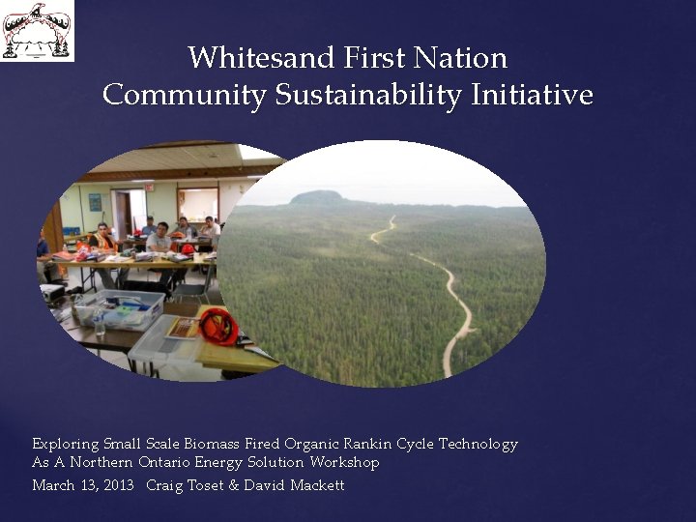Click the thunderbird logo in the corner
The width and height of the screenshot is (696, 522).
click(x=37, y=31)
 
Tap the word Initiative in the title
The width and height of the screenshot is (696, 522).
click(x=533, y=96)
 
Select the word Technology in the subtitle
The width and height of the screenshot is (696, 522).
click(x=478, y=444)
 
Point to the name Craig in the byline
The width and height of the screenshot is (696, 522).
click(x=165, y=485)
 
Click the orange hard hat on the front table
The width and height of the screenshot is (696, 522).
click(x=218, y=327)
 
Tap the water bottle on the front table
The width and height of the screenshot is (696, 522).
click(x=99, y=325)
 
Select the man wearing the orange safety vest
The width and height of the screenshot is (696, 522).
click(x=101, y=238)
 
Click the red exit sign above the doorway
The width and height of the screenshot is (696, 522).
click(x=149, y=186)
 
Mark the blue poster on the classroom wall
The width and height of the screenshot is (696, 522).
click(x=95, y=202)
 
